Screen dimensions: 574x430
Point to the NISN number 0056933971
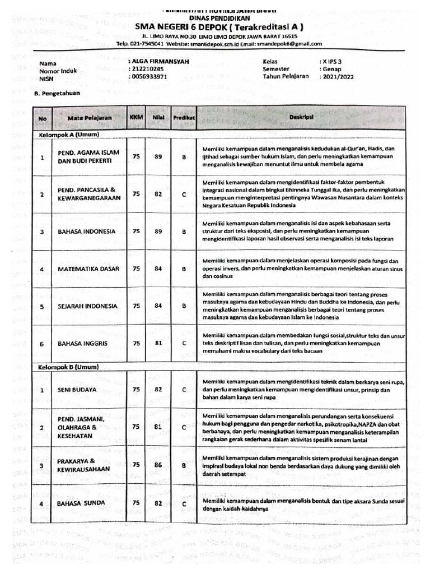149,76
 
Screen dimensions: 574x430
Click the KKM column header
136,118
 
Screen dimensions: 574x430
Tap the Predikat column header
184,118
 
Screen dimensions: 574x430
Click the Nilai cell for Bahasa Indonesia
158,231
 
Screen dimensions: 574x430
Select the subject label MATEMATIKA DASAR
88,269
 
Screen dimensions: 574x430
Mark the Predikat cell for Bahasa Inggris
184,343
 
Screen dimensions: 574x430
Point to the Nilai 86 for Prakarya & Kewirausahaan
158,465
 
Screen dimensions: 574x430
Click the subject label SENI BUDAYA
77,389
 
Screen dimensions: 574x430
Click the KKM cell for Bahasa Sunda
136,503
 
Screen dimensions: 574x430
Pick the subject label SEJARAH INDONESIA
87,306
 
